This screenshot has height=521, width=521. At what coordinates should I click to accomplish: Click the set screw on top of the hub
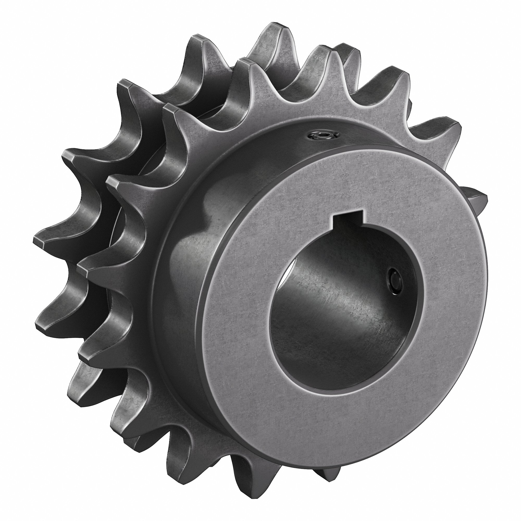tap(322, 135)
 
